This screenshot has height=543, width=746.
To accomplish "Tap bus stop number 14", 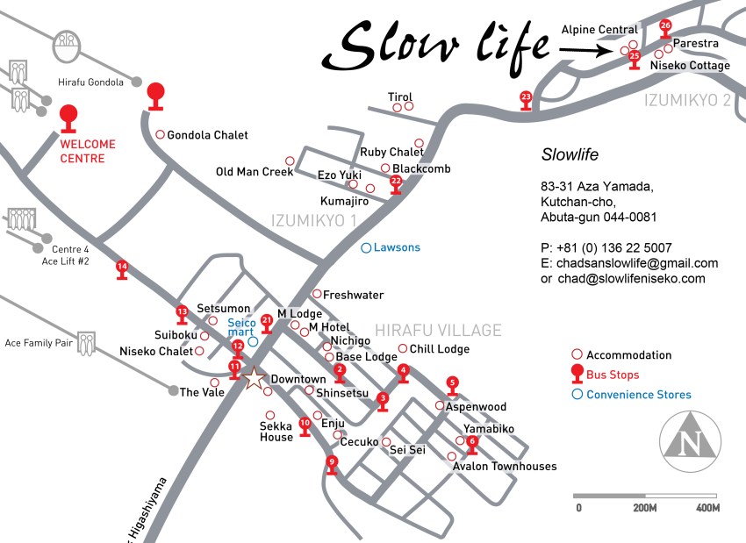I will [x=122, y=268].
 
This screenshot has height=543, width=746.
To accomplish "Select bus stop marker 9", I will [x=331, y=463].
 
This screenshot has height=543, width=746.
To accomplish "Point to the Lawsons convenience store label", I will [x=397, y=247].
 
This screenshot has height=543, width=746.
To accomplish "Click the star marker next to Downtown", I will [x=254, y=379].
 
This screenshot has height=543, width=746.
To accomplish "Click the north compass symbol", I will [x=691, y=439].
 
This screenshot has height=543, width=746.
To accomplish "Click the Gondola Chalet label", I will [x=207, y=135].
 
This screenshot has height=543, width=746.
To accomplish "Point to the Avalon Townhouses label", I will [x=505, y=467].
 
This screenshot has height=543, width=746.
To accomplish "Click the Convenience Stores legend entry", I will [x=638, y=395].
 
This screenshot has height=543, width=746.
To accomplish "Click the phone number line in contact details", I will [x=606, y=247].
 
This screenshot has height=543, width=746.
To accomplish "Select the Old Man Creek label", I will [x=255, y=172].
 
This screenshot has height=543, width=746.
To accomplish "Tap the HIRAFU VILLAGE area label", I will [x=438, y=331].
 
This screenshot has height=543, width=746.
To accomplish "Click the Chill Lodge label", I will [x=440, y=349].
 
